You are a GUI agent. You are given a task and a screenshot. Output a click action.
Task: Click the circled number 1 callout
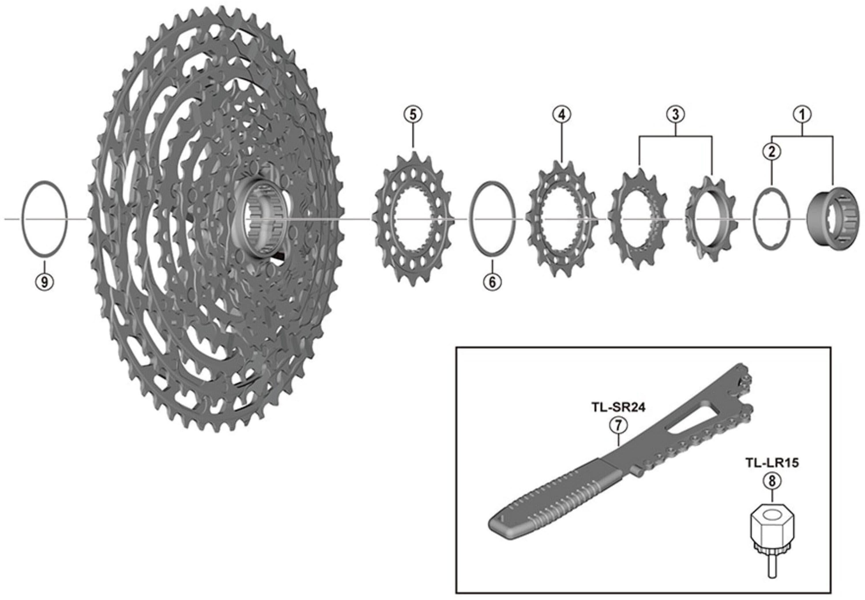[x=802, y=114]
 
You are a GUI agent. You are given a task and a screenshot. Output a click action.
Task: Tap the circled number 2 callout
[x=772, y=152]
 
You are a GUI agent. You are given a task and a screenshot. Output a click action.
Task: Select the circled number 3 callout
[x=675, y=114]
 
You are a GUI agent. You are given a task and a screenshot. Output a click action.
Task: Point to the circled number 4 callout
[x=562, y=114]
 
